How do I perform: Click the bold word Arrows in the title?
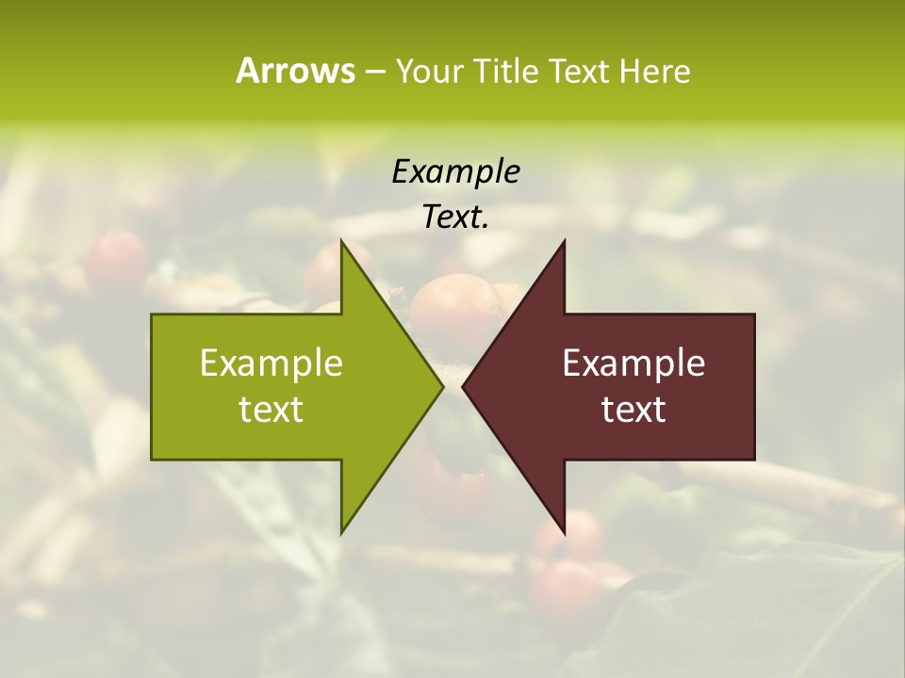pyautogui.click(x=295, y=71)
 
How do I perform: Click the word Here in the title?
pyautogui.click(x=654, y=72)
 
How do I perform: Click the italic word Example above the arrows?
pyautogui.click(x=455, y=172)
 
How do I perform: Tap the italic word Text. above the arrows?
pyautogui.click(x=455, y=218)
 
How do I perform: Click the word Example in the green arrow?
pyautogui.click(x=271, y=363)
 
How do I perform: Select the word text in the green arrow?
pyautogui.click(x=271, y=410)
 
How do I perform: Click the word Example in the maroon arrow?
pyautogui.click(x=633, y=363)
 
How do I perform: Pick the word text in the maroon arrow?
pyautogui.click(x=633, y=410)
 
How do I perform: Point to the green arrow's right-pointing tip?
pyautogui.click(x=441, y=386)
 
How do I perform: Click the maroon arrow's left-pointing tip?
pyautogui.click(x=464, y=386)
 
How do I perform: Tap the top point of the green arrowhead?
pyautogui.click(x=342, y=243)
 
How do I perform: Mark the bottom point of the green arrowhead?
pyautogui.click(x=342, y=531)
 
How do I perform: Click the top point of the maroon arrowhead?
pyautogui.click(x=564, y=243)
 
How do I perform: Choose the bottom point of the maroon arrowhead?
pyautogui.click(x=564, y=531)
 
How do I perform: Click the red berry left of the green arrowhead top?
pyautogui.click(x=116, y=259)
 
